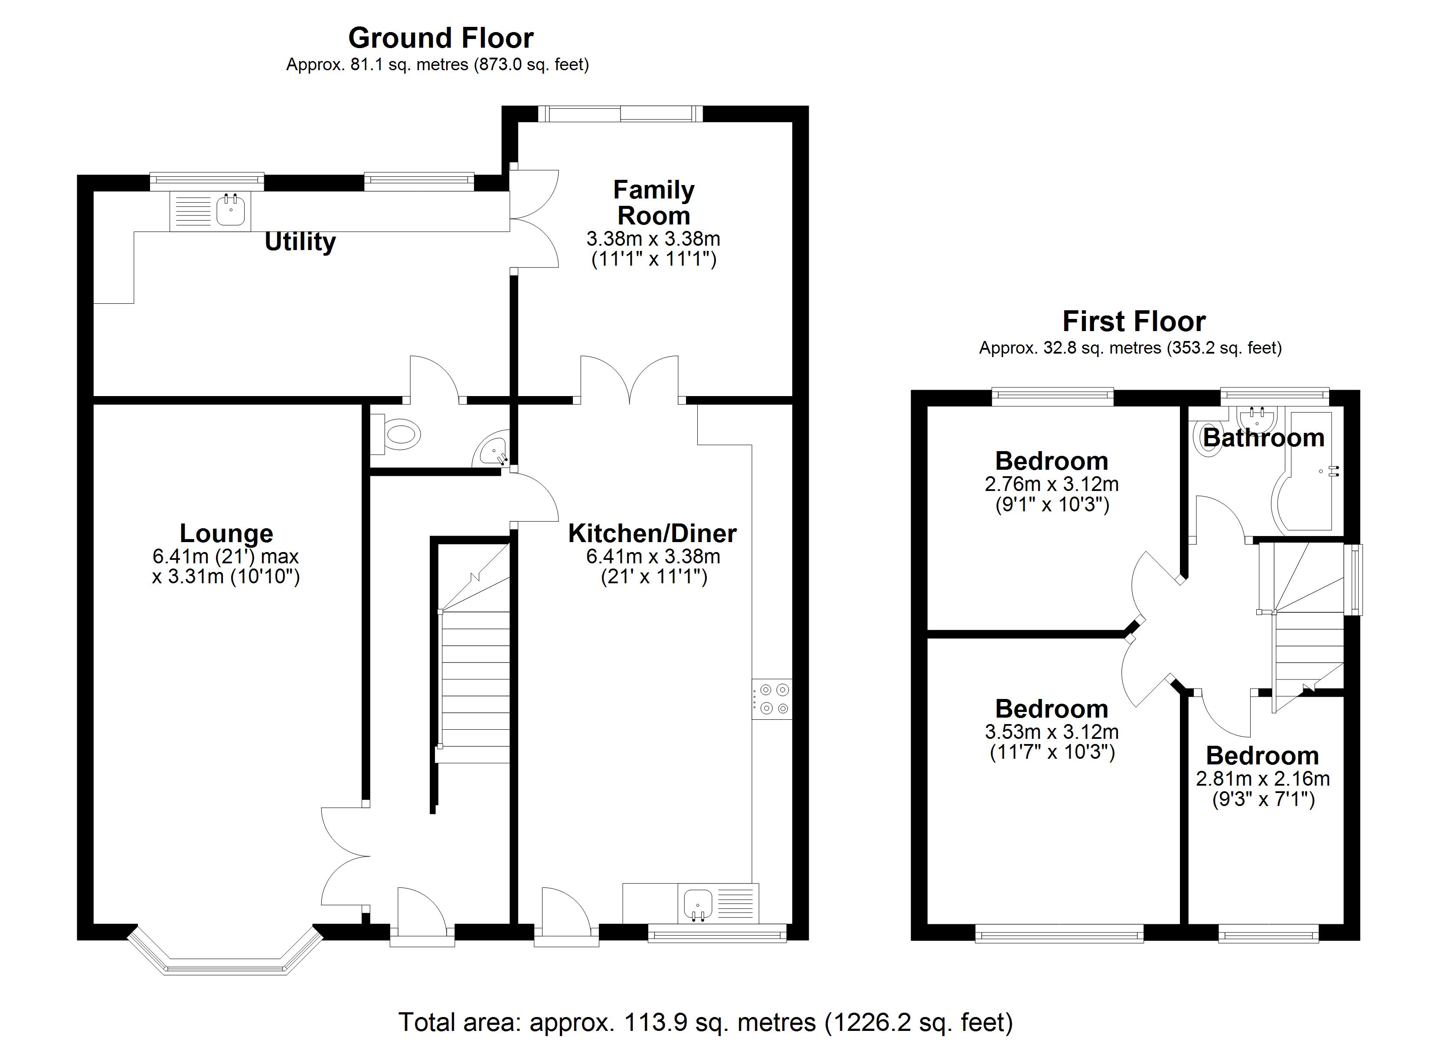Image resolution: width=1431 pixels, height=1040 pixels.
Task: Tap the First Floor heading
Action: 1134,322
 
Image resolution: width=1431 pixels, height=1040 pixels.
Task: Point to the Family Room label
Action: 653,202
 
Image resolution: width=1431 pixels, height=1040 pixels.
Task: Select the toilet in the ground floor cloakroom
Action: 401,435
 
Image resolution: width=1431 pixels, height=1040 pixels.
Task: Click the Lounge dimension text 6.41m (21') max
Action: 225,556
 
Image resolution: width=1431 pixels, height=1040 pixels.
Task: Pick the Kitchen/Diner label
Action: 652,533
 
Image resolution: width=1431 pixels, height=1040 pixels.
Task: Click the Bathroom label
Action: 1263,438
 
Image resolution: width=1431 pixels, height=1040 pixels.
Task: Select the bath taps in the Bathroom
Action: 1333,471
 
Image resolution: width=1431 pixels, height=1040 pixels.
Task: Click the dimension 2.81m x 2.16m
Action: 1263,779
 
